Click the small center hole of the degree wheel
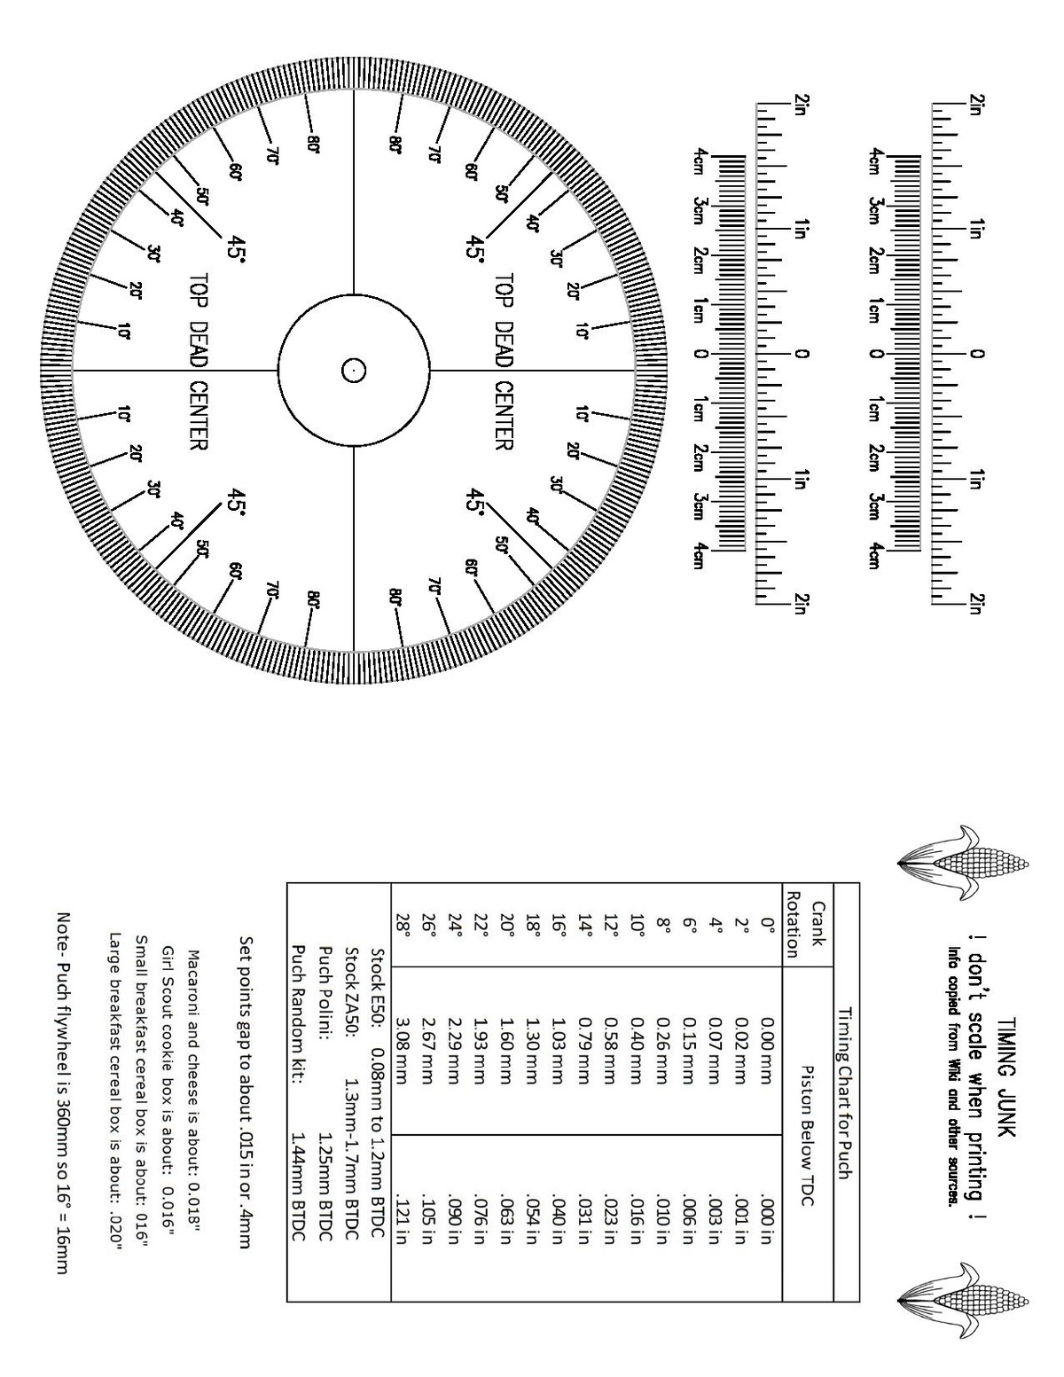coord(353,370)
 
